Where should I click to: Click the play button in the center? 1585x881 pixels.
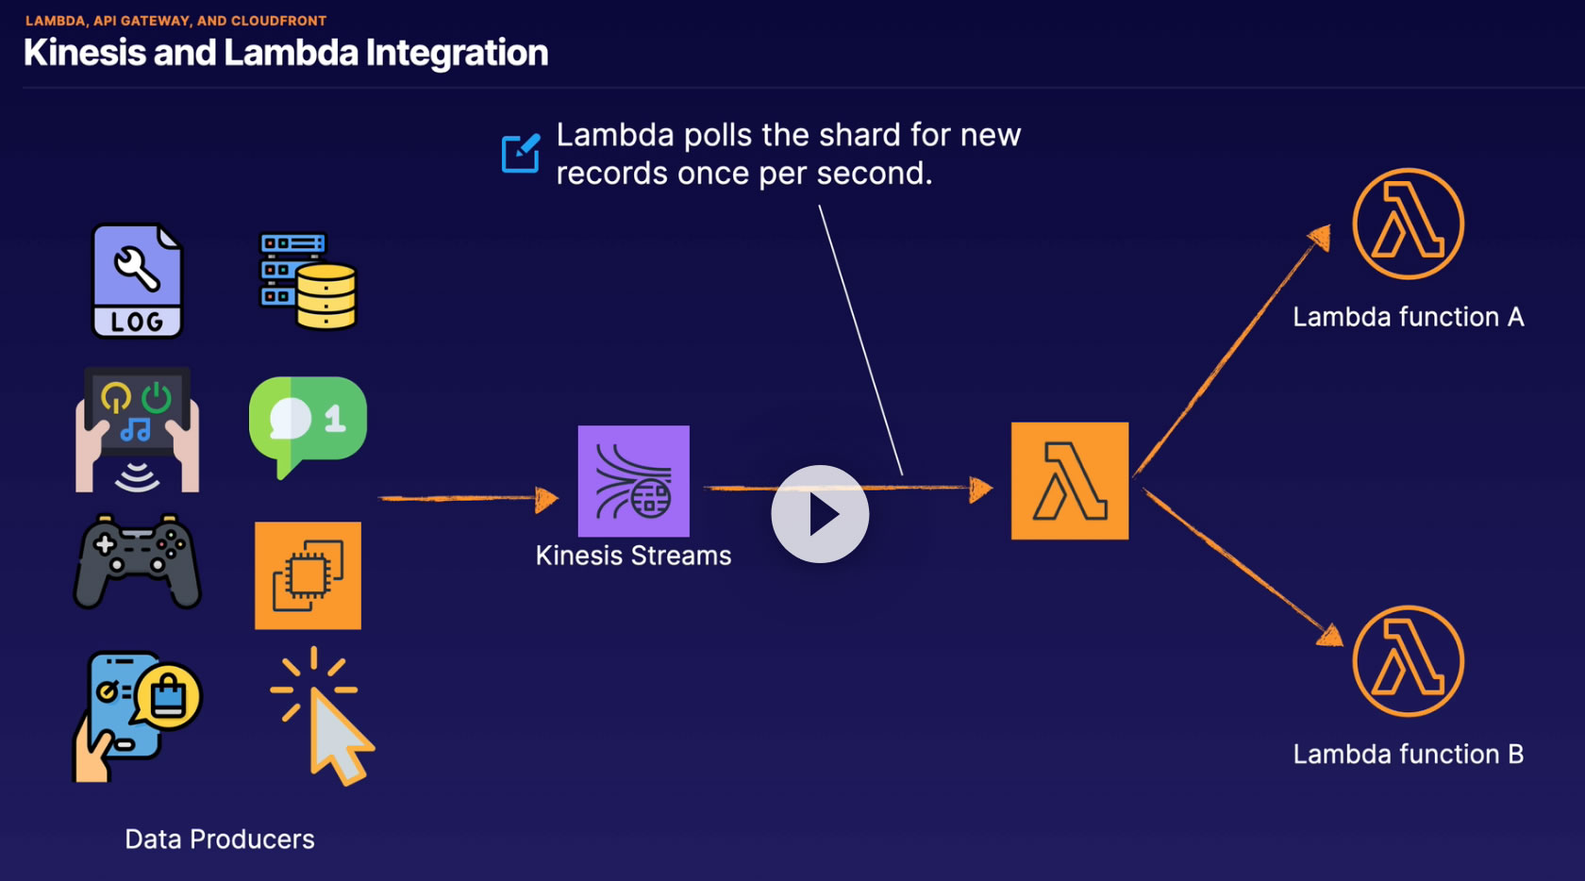(x=820, y=514)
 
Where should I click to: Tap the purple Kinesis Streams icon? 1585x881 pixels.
(x=633, y=481)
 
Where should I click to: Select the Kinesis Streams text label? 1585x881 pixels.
(x=633, y=556)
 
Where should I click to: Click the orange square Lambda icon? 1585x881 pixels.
(x=1069, y=481)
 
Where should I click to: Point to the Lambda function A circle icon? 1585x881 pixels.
(x=1408, y=224)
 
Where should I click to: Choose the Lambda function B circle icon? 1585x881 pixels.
(x=1408, y=661)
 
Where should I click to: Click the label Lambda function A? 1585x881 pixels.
(x=1408, y=317)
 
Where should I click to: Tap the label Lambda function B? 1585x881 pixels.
(x=1408, y=755)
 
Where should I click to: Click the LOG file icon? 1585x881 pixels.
(x=138, y=280)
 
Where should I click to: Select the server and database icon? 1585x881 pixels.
(x=309, y=281)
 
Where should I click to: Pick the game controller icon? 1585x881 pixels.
(x=138, y=562)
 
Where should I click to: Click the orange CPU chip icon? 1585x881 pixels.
(x=308, y=575)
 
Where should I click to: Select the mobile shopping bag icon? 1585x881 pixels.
(x=137, y=716)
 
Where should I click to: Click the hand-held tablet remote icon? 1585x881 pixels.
(x=138, y=429)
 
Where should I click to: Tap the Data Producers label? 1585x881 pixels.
(x=220, y=839)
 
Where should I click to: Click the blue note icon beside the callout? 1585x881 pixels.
(x=520, y=153)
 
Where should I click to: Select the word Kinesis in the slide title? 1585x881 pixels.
(x=84, y=53)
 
